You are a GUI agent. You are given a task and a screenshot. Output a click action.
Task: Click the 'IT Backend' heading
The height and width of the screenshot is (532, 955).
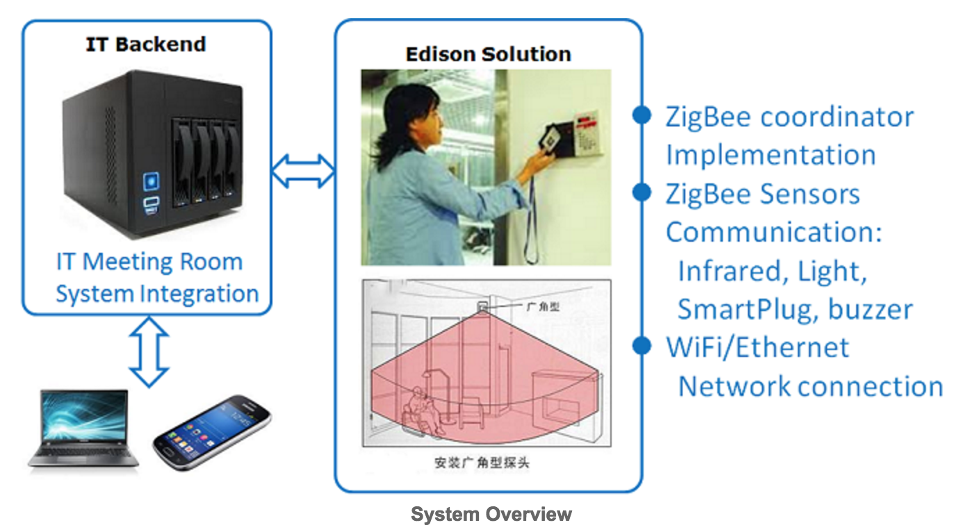[x=146, y=44]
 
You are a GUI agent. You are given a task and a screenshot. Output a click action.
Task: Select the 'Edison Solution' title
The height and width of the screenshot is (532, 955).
[x=488, y=55]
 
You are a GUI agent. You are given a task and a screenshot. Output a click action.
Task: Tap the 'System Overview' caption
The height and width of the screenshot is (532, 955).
[x=491, y=514]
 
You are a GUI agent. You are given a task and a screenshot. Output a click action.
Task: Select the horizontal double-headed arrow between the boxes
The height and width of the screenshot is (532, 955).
[x=303, y=172]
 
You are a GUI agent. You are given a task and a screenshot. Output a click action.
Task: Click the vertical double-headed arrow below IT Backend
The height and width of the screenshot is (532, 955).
[x=149, y=351]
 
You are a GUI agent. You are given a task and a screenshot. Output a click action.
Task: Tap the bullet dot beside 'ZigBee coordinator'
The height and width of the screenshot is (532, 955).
[x=642, y=115]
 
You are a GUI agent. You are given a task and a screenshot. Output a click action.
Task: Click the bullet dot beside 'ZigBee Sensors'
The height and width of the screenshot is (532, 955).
[x=642, y=192]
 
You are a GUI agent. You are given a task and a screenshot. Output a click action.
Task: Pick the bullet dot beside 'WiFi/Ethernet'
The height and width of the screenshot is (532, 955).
[x=642, y=345]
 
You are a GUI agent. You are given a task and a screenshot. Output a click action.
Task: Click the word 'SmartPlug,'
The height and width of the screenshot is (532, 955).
[x=747, y=310]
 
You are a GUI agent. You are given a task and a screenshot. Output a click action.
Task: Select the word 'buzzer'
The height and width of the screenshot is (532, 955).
[x=870, y=309]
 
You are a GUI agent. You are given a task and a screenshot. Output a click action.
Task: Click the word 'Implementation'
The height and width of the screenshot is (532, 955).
[x=771, y=156]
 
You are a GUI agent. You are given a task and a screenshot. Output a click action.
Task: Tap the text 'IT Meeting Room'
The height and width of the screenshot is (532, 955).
[x=149, y=261]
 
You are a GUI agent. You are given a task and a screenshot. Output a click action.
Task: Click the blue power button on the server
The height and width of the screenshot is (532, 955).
[x=151, y=181]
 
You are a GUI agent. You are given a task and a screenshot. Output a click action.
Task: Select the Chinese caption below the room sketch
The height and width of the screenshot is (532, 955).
[x=482, y=463]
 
